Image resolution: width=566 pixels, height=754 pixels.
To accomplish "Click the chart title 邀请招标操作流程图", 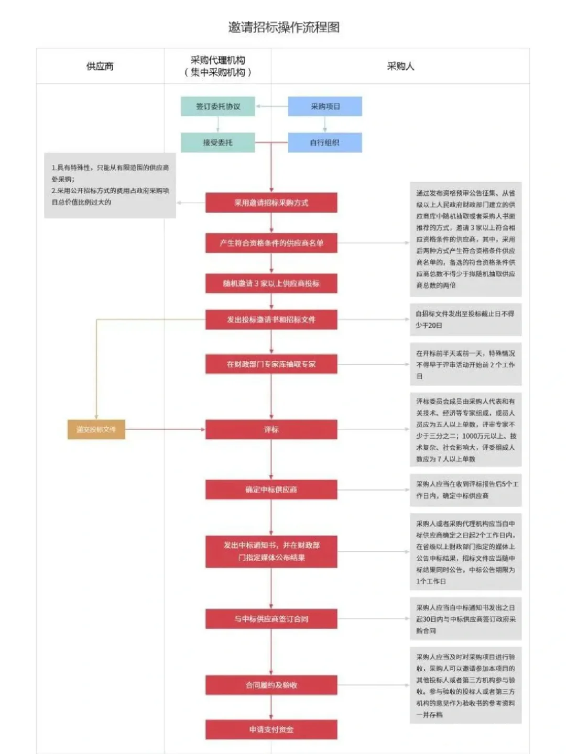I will [284, 27].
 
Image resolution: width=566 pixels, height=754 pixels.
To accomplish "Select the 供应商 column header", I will [100, 66].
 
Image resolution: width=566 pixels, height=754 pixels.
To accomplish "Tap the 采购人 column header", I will [400, 66].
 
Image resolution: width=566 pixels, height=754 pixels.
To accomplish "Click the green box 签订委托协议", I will [218, 106].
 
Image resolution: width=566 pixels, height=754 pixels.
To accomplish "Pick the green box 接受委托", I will [218, 142].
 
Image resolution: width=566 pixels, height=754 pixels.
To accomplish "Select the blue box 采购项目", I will [325, 106].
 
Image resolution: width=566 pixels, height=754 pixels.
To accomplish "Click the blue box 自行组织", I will [325, 142].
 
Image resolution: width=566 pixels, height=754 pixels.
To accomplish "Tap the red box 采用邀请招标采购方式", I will [271, 203].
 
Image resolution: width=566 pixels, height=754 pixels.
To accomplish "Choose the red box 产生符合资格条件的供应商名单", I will [271, 243].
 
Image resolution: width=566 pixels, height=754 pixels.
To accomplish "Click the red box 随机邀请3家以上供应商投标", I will [271, 283].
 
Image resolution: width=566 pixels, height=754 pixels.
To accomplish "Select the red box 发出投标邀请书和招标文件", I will [271, 319].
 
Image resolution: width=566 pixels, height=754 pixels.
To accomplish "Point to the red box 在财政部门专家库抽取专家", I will [271, 364].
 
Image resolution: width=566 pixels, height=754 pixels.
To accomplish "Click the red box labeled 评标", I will [271, 429].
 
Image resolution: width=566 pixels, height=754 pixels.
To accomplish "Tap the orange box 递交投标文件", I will [96, 429].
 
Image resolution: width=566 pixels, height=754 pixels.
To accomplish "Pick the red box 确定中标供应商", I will [271, 490].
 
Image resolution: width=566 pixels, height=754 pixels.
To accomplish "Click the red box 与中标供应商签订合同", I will [271, 619].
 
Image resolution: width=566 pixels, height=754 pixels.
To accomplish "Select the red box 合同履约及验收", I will [271, 685].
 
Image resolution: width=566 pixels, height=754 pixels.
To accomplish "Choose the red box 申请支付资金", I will [271, 729].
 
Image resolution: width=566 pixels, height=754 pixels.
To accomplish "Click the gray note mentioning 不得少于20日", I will [465, 319].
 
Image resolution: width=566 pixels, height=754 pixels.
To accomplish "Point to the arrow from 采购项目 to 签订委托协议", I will [271, 106].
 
